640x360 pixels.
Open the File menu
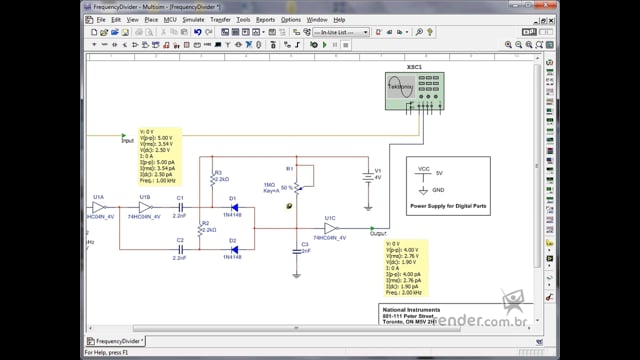click(x=101, y=19)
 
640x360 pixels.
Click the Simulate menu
click(x=193, y=19)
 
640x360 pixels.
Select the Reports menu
click(x=265, y=19)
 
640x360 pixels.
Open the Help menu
click(x=340, y=19)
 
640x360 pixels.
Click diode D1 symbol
click(x=233, y=207)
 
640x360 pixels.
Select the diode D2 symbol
click(x=233, y=248)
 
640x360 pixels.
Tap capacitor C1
click(x=181, y=207)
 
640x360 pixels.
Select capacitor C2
click(x=181, y=248)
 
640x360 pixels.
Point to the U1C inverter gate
click(x=330, y=227)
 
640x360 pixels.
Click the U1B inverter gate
click(x=145, y=207)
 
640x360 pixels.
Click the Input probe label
click(x=127, y=141)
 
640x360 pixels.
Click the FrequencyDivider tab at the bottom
click(x=115, y=341)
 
